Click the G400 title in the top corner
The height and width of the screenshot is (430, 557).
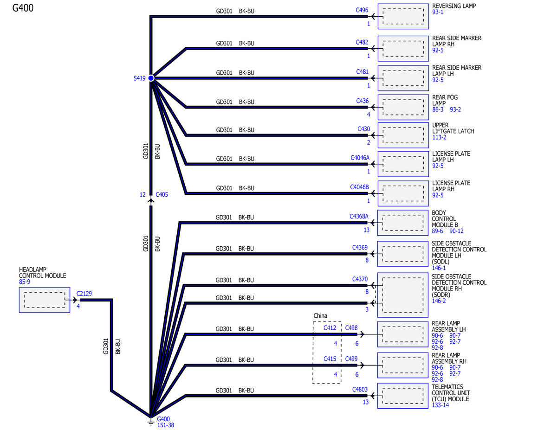(23, 8)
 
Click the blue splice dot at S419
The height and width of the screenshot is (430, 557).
(151, 78)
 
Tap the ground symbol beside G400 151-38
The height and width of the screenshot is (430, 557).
(151, 421)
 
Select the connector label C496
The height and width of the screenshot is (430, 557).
(362, 10)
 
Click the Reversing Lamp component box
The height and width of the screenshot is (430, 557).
(403, 16)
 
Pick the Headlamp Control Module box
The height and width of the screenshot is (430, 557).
(45, 300)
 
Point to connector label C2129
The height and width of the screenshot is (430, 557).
(84, 294)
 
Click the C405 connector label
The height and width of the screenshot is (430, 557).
(162, 195)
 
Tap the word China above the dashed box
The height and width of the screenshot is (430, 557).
(320, 315)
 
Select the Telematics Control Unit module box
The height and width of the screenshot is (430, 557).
(403, 396)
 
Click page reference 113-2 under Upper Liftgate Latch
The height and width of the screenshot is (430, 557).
(439, 137)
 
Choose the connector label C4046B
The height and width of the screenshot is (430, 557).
(359, 187)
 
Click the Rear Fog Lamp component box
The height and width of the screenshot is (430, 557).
(403, 107)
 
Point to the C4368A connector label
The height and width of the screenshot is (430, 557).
(359, 217)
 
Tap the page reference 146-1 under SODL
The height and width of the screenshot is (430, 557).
(439, 268)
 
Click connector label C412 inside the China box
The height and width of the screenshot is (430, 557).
(330, 328)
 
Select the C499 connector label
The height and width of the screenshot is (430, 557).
(351, 359)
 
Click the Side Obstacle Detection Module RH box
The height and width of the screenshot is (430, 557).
(403, 295)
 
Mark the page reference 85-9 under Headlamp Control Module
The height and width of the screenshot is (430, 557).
(24, 282)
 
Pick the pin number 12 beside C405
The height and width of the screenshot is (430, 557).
(142, 195)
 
